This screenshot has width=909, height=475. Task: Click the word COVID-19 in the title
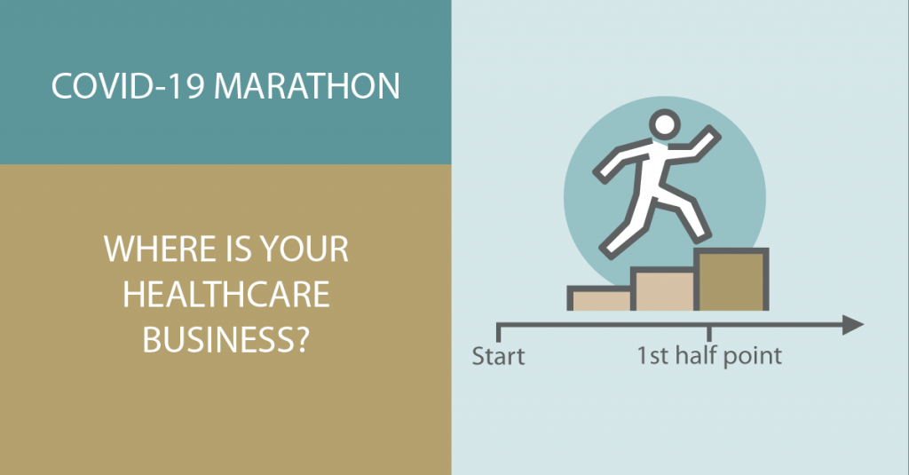(x=128, y=86)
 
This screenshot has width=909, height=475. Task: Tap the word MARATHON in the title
(x=306, y=86)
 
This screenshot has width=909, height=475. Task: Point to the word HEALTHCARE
(x=226, y=294)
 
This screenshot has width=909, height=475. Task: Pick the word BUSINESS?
(x=226, y=339)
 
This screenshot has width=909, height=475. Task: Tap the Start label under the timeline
(x=498, y=356)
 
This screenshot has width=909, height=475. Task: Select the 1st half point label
(x=709, y=355)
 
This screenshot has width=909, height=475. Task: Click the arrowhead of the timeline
(x=853, y=325)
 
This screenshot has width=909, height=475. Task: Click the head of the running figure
(x=664, y=124)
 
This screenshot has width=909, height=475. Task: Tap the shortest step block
(x=601, y=298)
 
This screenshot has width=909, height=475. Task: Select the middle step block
(x=664, y=289)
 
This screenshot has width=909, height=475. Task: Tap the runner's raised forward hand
(x=710, y=136)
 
